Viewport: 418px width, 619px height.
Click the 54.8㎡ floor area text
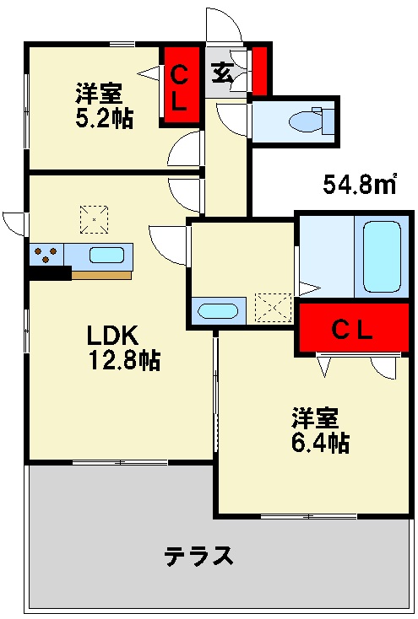pos(360,183)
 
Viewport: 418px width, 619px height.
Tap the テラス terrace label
pos(199,556)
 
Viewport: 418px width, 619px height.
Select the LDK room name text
pos(112,335)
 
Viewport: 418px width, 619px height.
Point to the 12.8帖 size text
pos(124,360)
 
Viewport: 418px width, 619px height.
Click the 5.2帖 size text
pos(105,117)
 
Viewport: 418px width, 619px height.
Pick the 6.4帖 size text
pos(320,442)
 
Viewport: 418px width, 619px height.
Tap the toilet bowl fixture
pos(306,121)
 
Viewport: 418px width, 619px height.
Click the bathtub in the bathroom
pos(382,256)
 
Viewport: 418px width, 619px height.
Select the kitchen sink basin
pos(106,255)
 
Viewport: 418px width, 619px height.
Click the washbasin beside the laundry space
pos(218,310)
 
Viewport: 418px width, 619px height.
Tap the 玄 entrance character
pos(222,73)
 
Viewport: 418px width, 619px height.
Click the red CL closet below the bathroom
pos(353,327)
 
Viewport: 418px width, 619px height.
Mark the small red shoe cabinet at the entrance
pos(259,71)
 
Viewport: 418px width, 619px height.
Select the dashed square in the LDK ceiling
pos(94,219)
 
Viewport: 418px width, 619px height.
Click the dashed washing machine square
pos(274,308)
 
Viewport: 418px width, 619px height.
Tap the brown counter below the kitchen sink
pos(101,275)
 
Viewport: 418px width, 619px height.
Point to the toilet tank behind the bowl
pos(323,120)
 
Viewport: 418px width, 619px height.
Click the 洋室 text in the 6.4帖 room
pos(315,417)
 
